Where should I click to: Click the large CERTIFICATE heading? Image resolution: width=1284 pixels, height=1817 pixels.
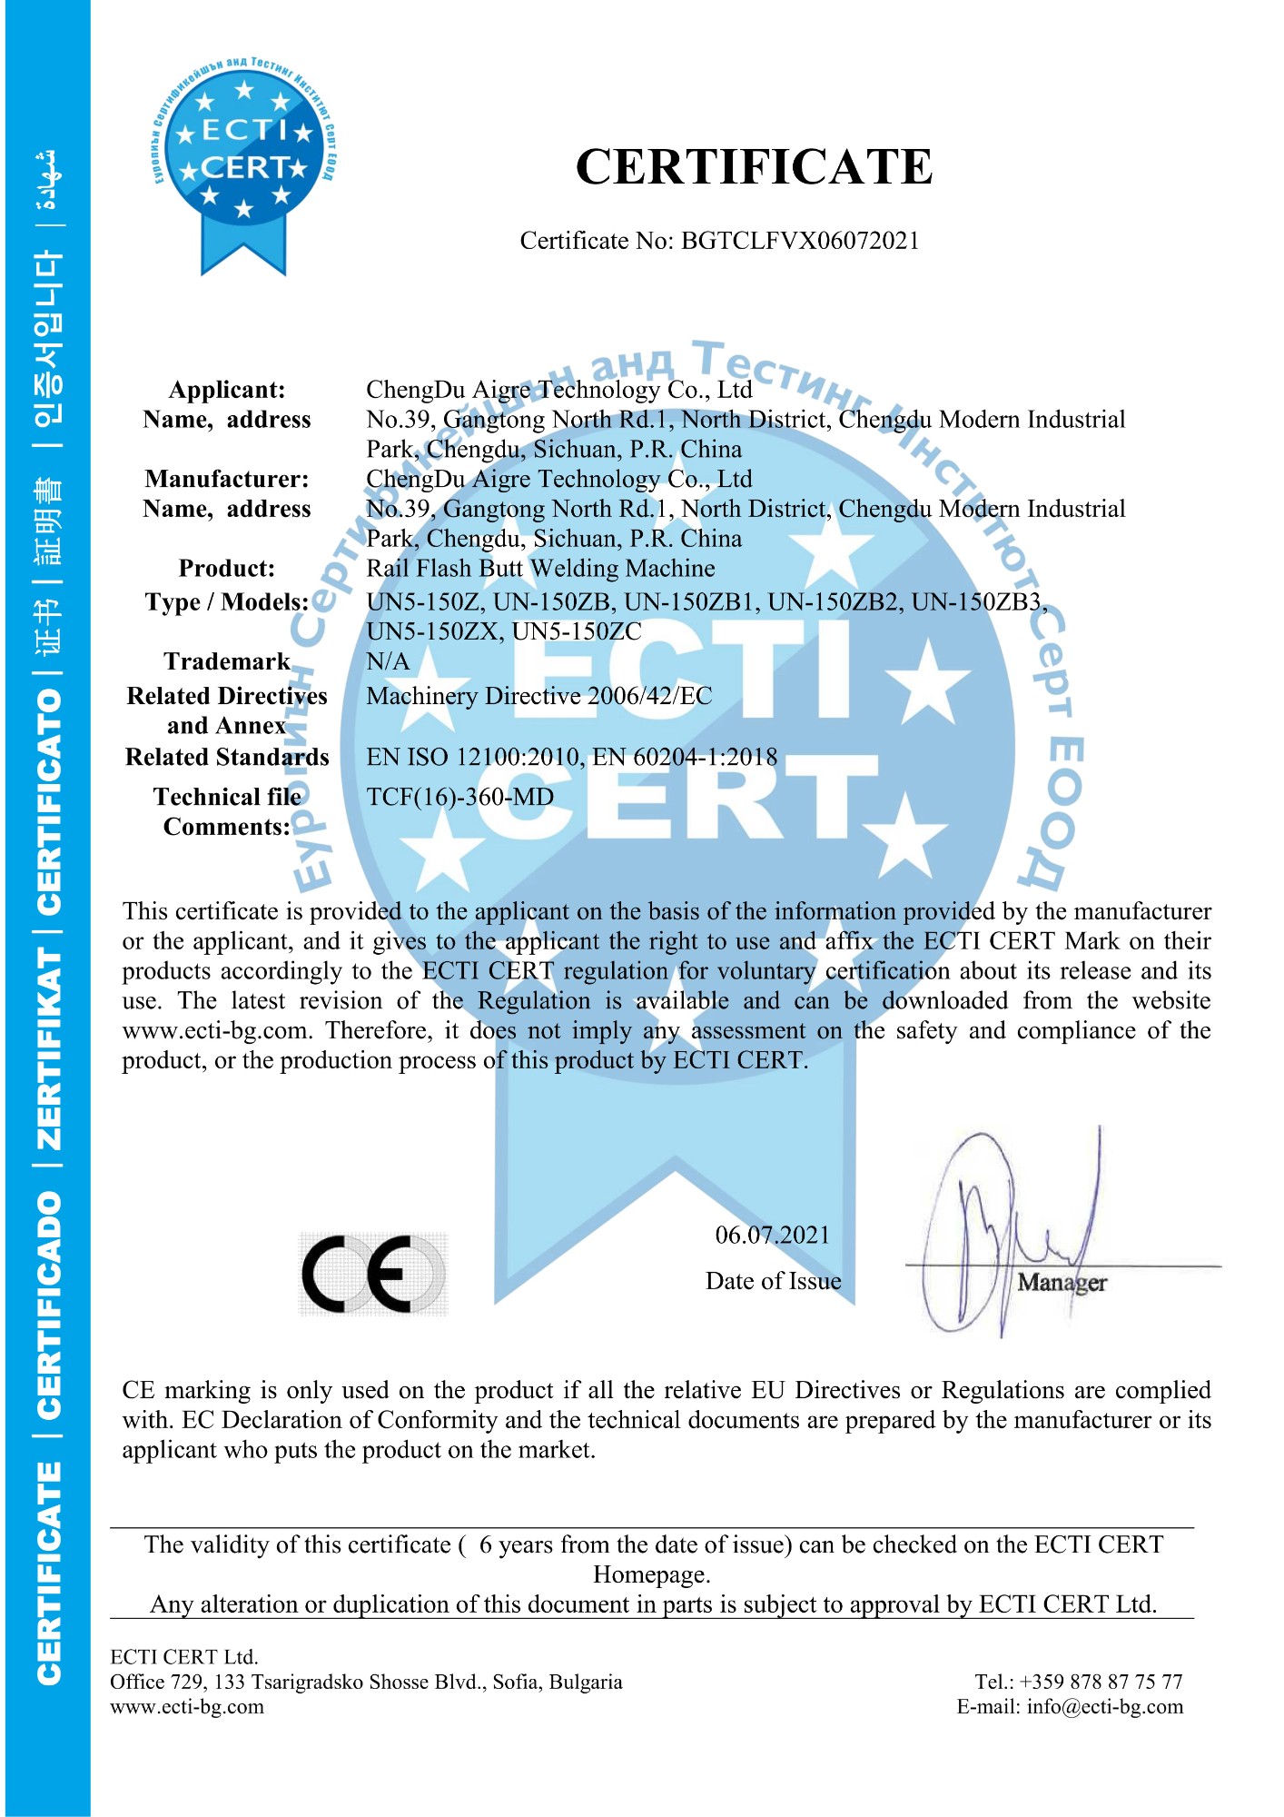pyautogui.click(x=754, y=167)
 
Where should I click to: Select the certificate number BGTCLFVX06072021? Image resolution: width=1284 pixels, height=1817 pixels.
pyautogui.click(x=800, y=241)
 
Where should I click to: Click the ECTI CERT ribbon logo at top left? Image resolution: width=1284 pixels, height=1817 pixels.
pyautogui.click(x=243, y=164)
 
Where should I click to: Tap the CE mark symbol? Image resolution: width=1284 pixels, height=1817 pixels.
pyautogui.click(x=373, y=1274)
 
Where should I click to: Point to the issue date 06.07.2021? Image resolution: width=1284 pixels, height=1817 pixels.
pyautogui.click(x=772, y=1235)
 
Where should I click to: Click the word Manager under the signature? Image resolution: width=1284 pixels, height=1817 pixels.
pyautogui.click(x=1062, y=1283)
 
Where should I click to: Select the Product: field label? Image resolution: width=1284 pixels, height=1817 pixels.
pyautogui.click(x=226, y=569)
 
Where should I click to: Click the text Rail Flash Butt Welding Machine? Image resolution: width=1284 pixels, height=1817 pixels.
pyautogui.click(x=540, y=569)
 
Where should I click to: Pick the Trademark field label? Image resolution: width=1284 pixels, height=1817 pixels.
pyautogui.click(x=226, y=661)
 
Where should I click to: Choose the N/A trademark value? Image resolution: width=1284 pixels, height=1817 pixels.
pyautogui.click(x=388, y=661)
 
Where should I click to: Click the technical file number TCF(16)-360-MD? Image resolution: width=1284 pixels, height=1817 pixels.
pyautogui.click(x=459, y=797)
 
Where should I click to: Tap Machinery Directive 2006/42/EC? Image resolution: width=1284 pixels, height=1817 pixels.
pyautogui.click(x=538, y=696)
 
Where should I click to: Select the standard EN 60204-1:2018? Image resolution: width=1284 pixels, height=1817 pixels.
pyautogui.click(x=686, y=757)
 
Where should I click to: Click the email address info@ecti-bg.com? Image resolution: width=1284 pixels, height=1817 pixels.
pyautogui.click(x=1104, y=1706)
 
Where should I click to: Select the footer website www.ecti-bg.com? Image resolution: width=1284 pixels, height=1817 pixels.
pyautogui.click(x=187, y=1706)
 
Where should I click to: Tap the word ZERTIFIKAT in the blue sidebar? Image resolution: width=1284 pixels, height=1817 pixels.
pyautogui.click(x=49, y=1049)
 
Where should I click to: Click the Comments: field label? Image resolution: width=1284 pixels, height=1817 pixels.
pyautogui.click(x=226, y=827)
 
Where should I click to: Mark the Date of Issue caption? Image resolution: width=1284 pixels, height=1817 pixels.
pyautogui.click(x=773, y=1281)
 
